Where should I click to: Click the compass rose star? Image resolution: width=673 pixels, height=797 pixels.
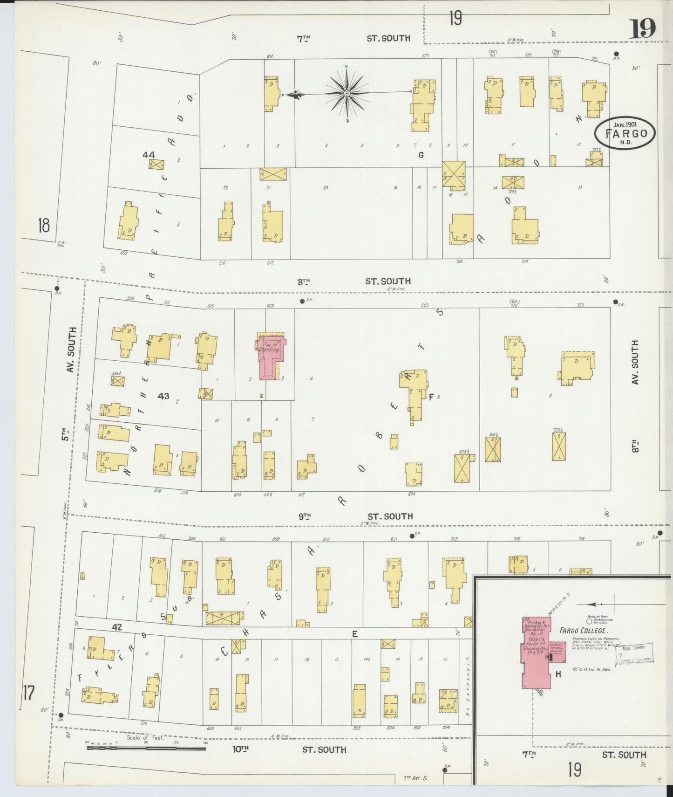[347, 94]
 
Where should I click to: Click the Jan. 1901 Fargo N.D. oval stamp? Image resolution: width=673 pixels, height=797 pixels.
[625, 133]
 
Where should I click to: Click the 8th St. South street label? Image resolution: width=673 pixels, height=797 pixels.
[354, 281]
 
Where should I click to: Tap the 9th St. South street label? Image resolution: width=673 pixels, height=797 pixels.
[355, 516]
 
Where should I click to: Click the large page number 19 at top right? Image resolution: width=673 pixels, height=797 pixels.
[643, 29]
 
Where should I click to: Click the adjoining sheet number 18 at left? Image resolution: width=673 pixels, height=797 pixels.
[44, 226]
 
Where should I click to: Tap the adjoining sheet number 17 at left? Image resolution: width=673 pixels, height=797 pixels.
[28, 693]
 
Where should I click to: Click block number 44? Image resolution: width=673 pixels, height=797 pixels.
[149, 154]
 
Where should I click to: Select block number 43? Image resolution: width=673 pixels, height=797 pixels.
[163, 396]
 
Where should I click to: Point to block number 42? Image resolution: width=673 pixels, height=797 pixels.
[116, 628]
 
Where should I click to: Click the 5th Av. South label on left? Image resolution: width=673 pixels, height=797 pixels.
[70, 382]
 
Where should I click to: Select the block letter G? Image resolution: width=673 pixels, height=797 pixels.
[421, 155]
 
